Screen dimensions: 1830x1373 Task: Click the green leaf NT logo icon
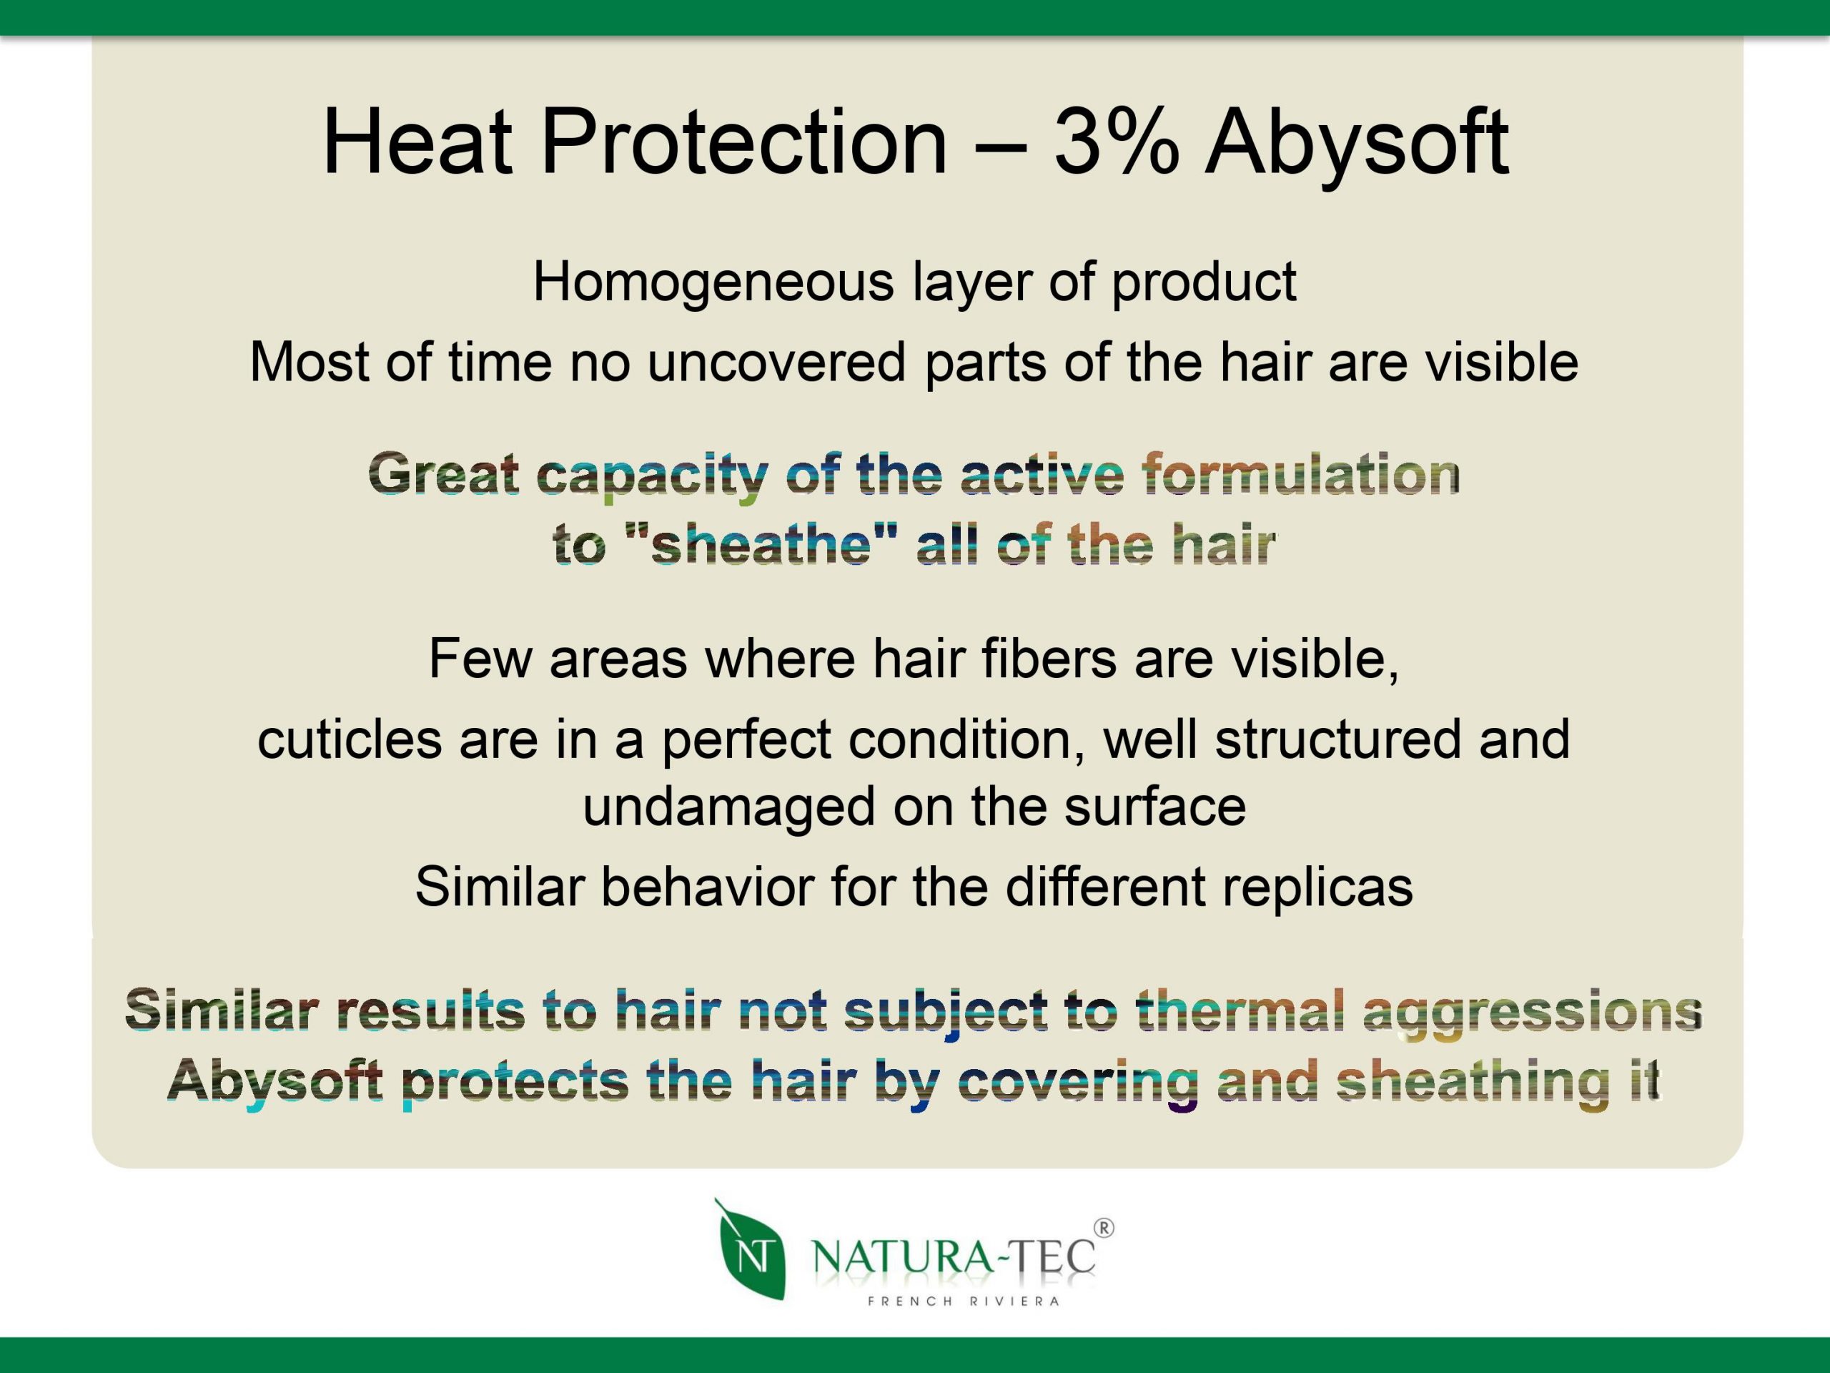coord(750,1250)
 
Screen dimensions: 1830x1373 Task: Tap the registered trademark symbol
coord(1104,1228)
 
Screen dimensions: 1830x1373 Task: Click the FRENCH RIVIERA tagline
coord(964,1301)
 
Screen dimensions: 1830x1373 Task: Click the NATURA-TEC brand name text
coord(954,1257)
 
